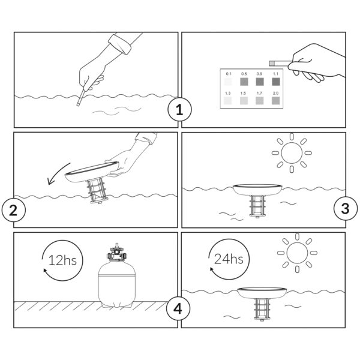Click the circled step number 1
(x=179, y=110)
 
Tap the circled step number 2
(x=14, y=210)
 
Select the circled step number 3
(x=346, y=208)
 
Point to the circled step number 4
(x=178, y=308)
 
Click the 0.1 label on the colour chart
(x=229, y=74)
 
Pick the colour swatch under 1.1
(x=276, y=82)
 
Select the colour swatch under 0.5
(x=244, y=82)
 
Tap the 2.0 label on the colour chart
(x=276, y=93)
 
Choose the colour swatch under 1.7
(x=259, y=101)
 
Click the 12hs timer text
(x=62, y=260)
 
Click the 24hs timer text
(x=229, y=259)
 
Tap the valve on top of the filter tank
(x=117, y=253)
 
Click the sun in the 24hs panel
(x=297, y=253)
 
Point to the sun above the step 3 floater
(x=292, y=152)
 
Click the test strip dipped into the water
(x=81, y=98)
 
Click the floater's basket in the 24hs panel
(x=261, y=309)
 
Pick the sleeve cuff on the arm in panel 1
(x=120, y=44)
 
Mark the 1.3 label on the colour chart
(x=228, y=93)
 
